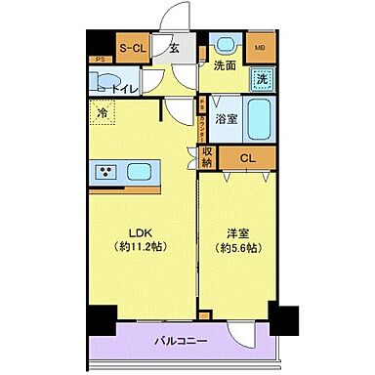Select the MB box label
259,47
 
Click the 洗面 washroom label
225,66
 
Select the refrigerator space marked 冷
103,114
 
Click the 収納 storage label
207,156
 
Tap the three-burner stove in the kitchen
106,173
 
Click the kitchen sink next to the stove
139,173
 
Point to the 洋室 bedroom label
237,232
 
